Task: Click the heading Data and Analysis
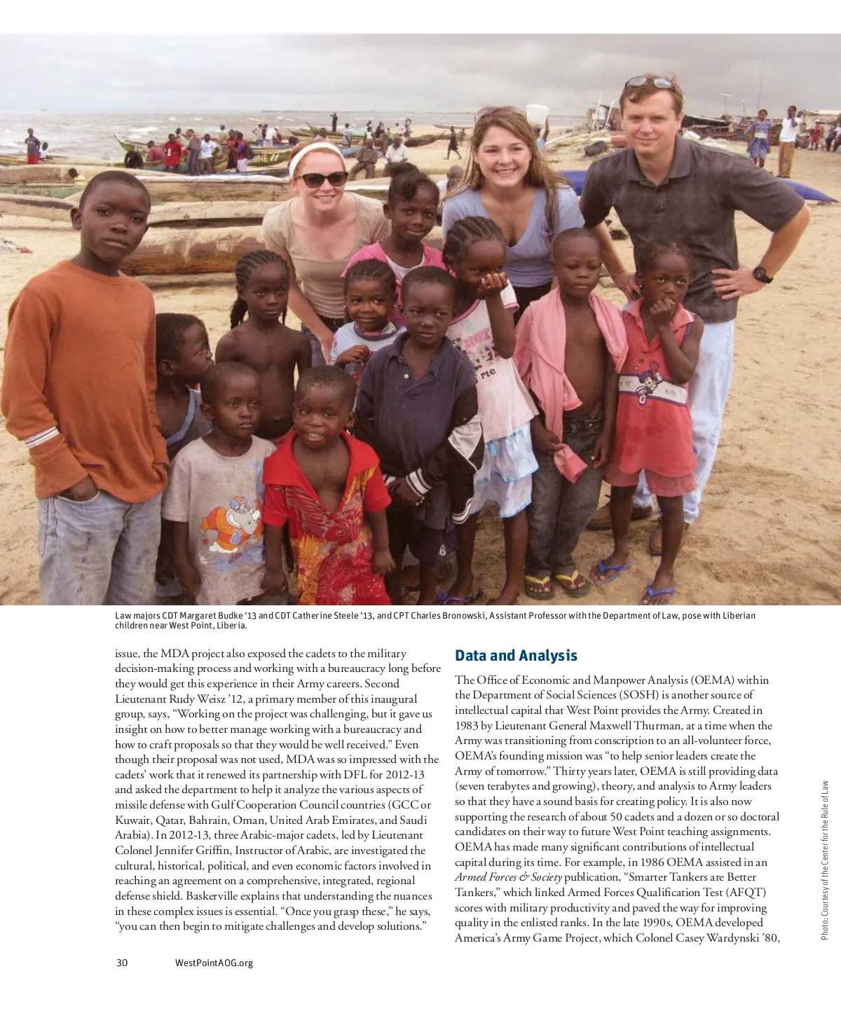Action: coord(516,656)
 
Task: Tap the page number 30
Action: coord(122,963)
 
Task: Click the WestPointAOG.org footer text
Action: coord(214,963)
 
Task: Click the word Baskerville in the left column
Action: coord(212,896)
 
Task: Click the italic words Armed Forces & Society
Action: coord(508,877)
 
